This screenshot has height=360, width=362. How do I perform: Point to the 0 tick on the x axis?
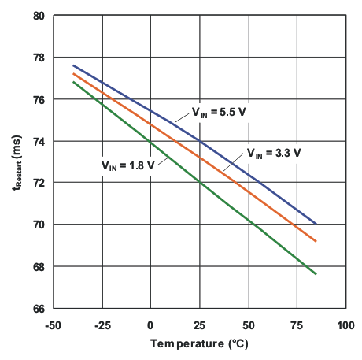click(150, 324)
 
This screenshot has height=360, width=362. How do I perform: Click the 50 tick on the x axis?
click(248, 324)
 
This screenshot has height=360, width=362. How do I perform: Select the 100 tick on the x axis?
click(345, 324)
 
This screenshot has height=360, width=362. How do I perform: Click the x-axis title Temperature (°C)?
click(199, 344)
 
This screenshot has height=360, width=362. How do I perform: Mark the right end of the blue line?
click(316, 224)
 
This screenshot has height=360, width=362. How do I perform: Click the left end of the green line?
click(72, 82)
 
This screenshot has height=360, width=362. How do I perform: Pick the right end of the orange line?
click(316, 241)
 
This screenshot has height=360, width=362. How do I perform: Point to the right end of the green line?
click(316, 274)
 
